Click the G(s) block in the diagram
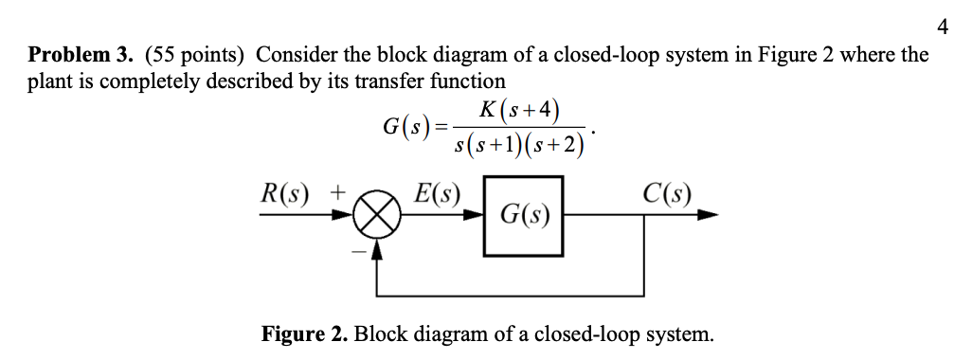(x=524, y=216)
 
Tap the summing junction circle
(x=376, y=216)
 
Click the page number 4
(x=942, y=27)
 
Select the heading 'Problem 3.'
(x=70, y=55)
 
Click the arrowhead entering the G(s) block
(x=476, y=216)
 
